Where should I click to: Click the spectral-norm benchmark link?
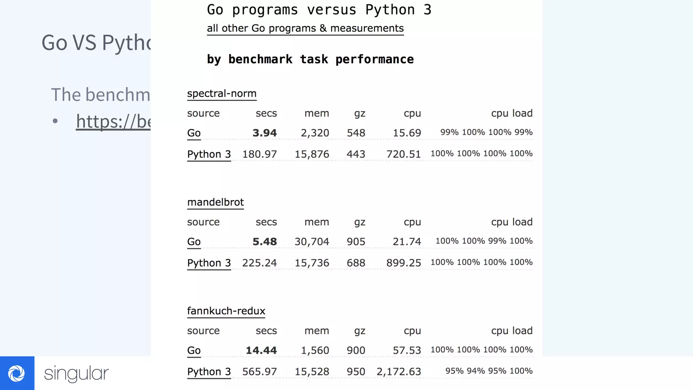(222, 93)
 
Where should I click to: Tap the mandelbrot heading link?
(216, 202)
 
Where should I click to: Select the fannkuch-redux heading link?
(226, 311)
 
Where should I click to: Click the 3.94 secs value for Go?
(265, 133)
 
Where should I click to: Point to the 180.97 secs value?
(260, 154)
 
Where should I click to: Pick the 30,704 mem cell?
(312, 241)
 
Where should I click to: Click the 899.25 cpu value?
(404, 263)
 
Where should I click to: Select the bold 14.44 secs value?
(261, 350)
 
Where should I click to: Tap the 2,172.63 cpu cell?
(399, 371)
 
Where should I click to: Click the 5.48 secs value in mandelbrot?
(265, 241)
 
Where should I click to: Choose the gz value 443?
(356, 154)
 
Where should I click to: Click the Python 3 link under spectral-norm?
(209, 154)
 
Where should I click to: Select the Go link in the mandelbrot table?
(194, 241)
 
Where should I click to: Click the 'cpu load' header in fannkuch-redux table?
(512, 330)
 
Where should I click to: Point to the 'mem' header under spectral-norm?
(317, 113)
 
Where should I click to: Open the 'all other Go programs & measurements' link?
(305, 28)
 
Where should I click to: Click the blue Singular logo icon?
(17, 373)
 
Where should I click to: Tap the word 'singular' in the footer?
(76, 373)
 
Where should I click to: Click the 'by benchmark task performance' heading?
(310, 59)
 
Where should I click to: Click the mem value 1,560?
(315, 350)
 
